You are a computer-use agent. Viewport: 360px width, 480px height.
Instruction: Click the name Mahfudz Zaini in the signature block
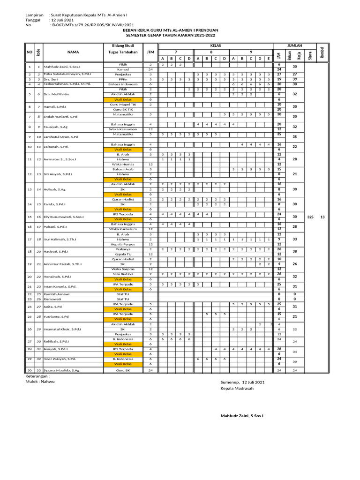click(x=242, y=416)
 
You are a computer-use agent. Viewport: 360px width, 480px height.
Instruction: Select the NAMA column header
click(x=73, y=52)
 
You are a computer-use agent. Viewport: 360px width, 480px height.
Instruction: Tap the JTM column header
click(x=150, y=52)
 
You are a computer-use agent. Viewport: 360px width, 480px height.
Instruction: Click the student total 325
click(x=310, y=217)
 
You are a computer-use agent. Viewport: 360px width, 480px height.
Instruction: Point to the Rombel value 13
click(x=322, y=217)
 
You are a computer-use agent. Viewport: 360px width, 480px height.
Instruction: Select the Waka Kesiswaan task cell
click(x=123, y=129)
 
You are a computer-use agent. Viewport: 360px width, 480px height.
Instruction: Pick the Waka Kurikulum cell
click(x=123, y=229)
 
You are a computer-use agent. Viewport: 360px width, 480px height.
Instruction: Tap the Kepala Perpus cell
click(x=123, y=244)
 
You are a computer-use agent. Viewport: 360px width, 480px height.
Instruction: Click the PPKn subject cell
click(x=123, y=79)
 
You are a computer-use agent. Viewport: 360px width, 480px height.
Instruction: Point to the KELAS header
click(x=216, y=45)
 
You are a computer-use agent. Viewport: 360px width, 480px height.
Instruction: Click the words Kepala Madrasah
click(x=237, y=389)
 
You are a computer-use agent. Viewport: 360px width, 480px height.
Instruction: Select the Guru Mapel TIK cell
click(x=123, y=104)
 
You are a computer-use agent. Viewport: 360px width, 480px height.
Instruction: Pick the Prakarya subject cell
click(x=123, y=249)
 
